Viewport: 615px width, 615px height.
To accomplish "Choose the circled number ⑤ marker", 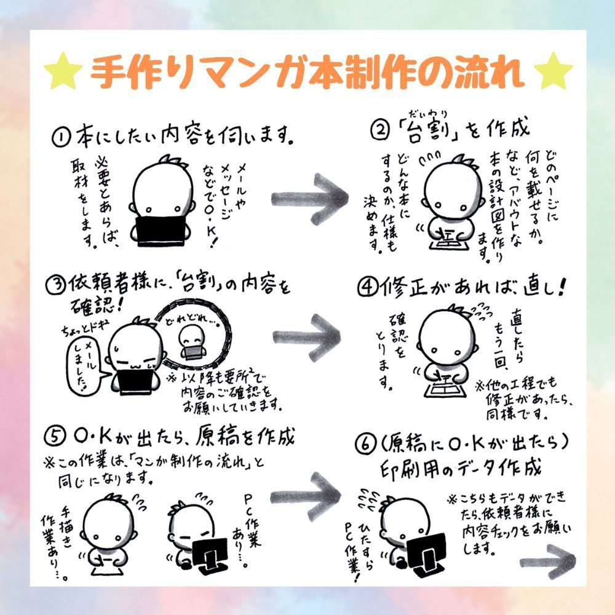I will pyautogui.click(x=55, y=437).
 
